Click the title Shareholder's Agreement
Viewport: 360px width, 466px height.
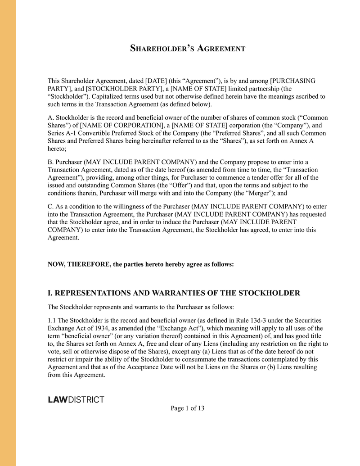tap(188, 48)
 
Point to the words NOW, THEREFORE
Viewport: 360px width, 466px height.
tap(78, 264)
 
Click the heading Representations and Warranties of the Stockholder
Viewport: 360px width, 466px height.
tap(174, 294)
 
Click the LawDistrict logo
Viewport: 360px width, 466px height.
tap(76, 399)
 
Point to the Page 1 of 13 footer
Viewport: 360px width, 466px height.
tap(188, 408)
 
